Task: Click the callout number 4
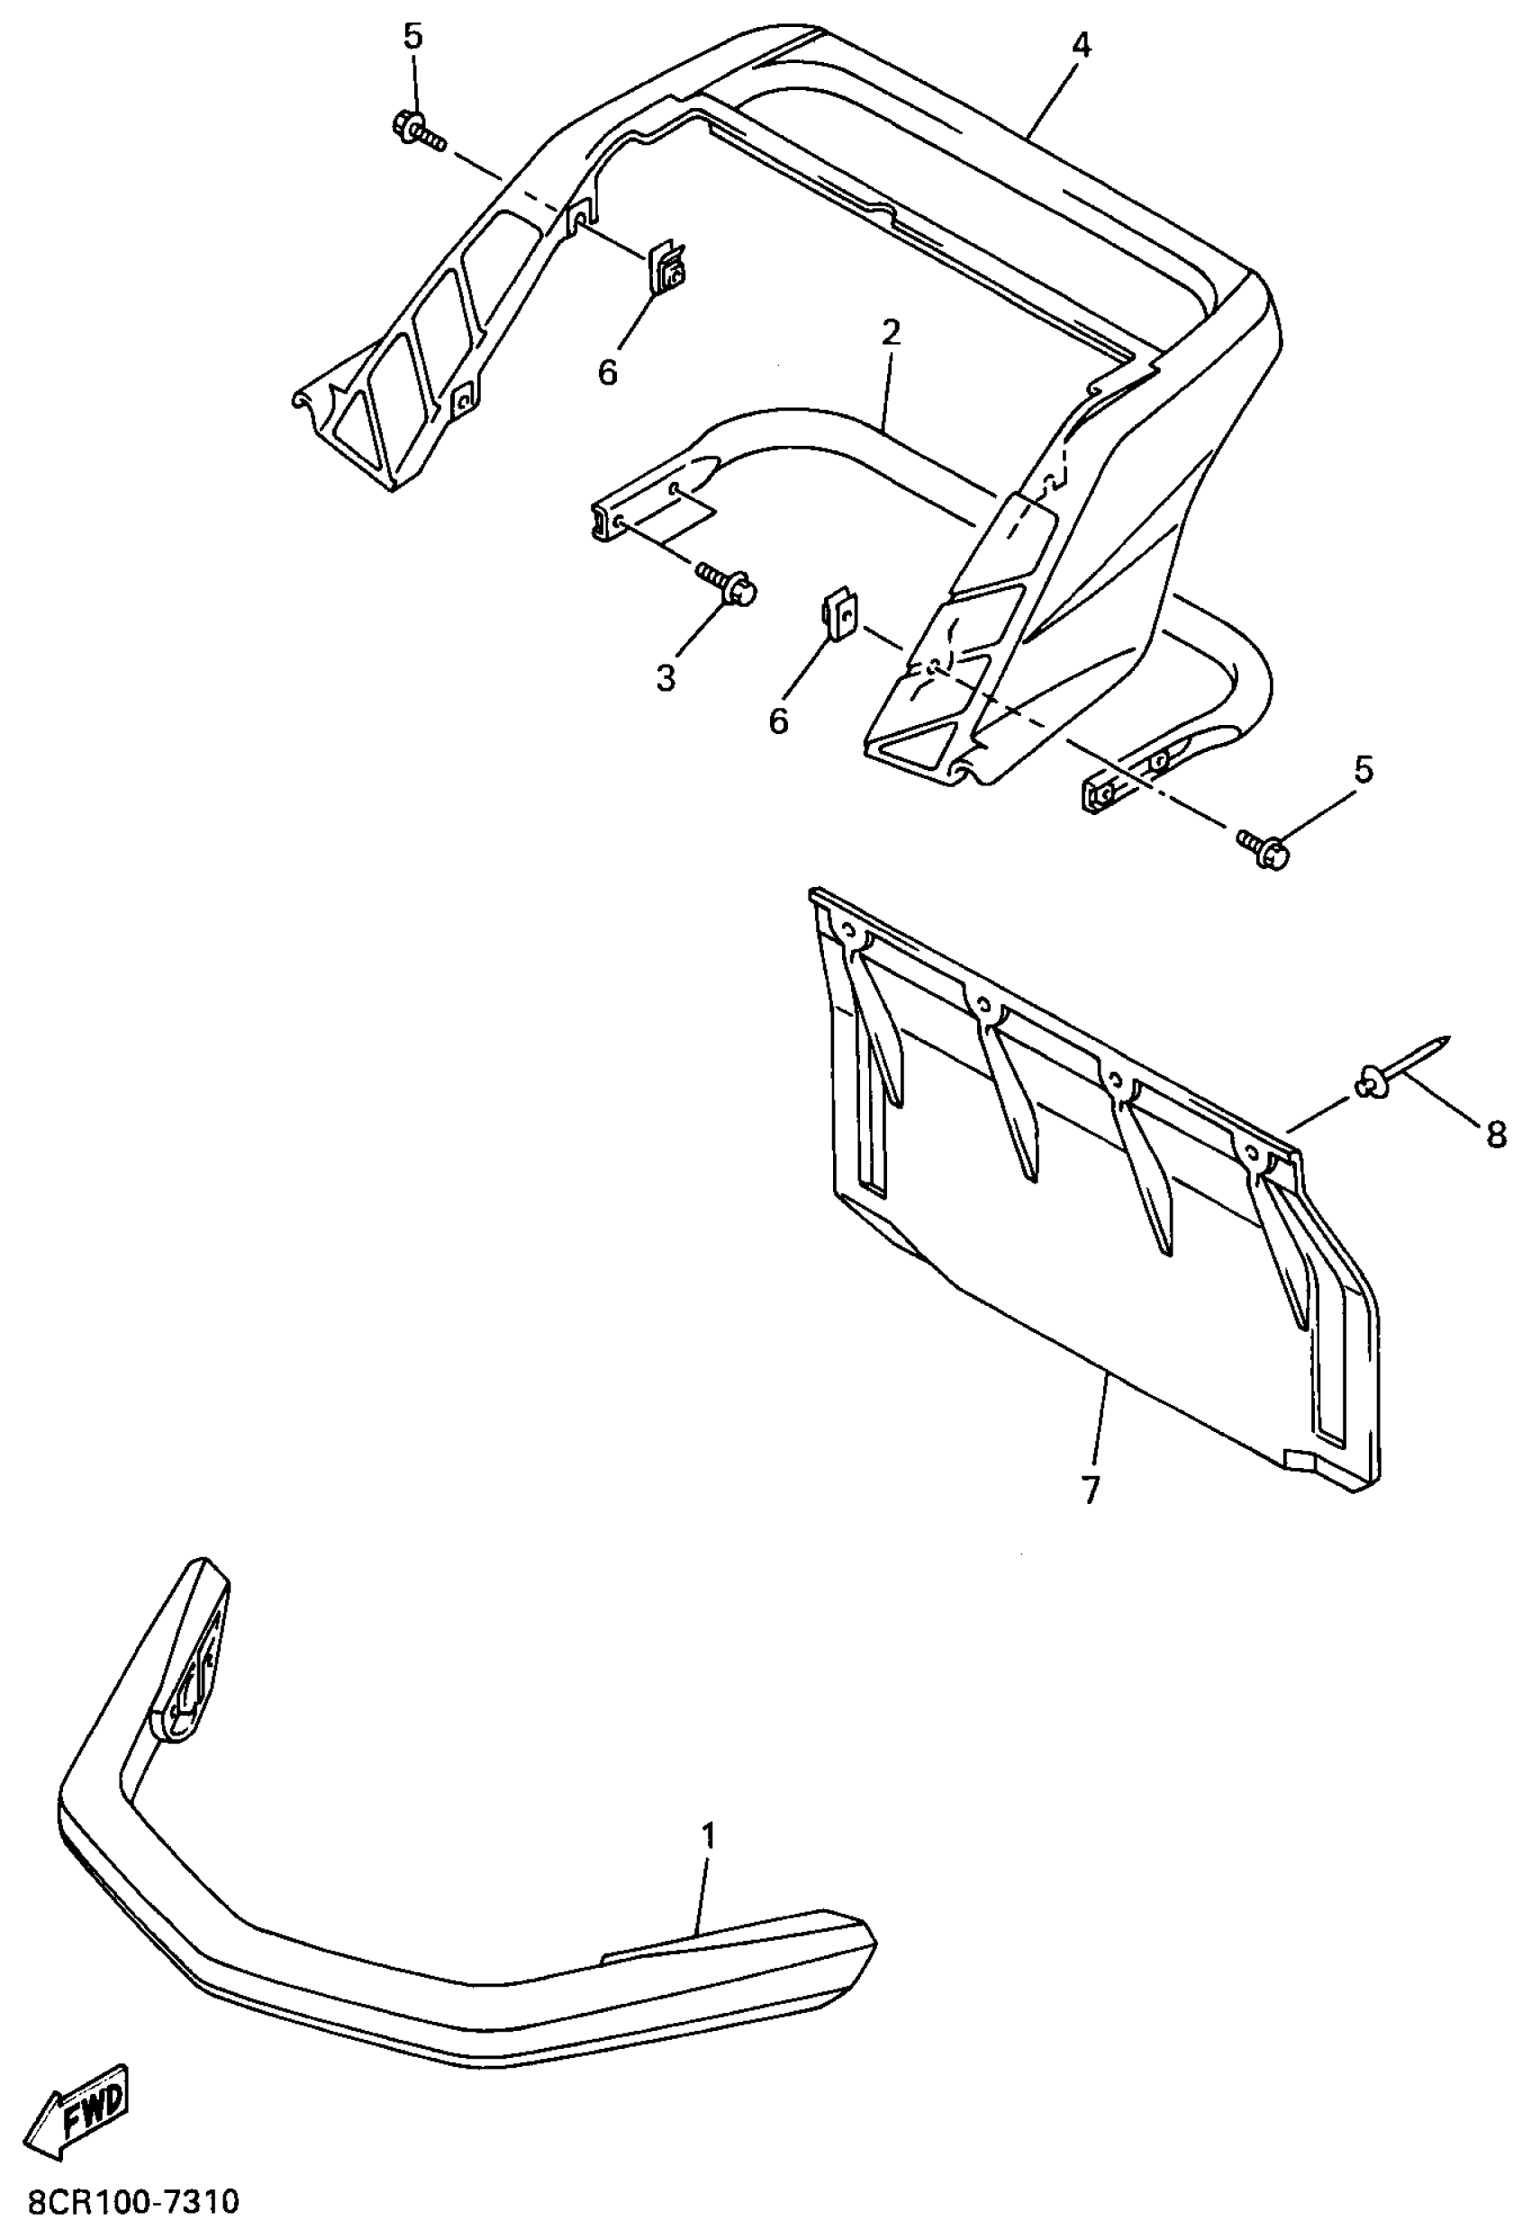(x=1082, y=44)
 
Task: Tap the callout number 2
(x=891, y=333)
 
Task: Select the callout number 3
(x=666, y=678)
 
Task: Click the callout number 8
(x=1495, y=1135)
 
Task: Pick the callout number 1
(x=709, y=1835)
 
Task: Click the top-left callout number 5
(x=412, y=37)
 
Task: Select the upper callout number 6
(x=608, y=372)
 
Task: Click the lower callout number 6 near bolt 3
(x=778, y=720)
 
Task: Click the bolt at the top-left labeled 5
(x=417, y=130)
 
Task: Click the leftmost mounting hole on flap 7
(x=848, y=931)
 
